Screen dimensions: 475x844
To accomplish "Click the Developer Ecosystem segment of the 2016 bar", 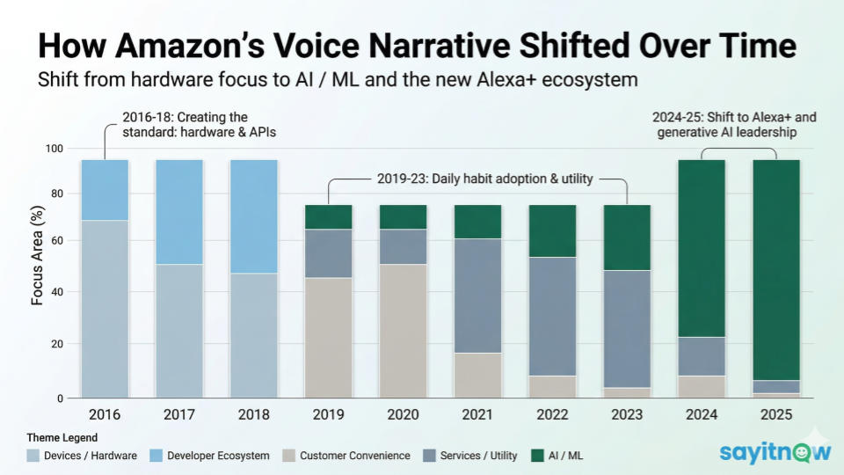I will point(105,190).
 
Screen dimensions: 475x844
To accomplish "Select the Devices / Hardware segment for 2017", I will point(179,331).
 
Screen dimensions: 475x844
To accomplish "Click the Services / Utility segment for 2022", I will point(552,317).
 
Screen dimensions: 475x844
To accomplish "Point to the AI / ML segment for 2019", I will point(329,217).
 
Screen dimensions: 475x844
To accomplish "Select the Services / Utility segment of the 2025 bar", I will point(776,387).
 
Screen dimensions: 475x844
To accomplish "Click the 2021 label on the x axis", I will point(477,413).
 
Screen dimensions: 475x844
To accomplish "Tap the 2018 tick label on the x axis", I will point(253,413).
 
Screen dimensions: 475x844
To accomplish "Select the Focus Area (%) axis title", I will point(37,263).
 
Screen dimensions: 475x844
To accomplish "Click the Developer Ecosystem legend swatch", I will point(155,455).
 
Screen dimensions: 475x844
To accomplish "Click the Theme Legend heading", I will point(62,437).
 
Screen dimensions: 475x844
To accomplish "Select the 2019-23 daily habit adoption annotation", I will point(484,179).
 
